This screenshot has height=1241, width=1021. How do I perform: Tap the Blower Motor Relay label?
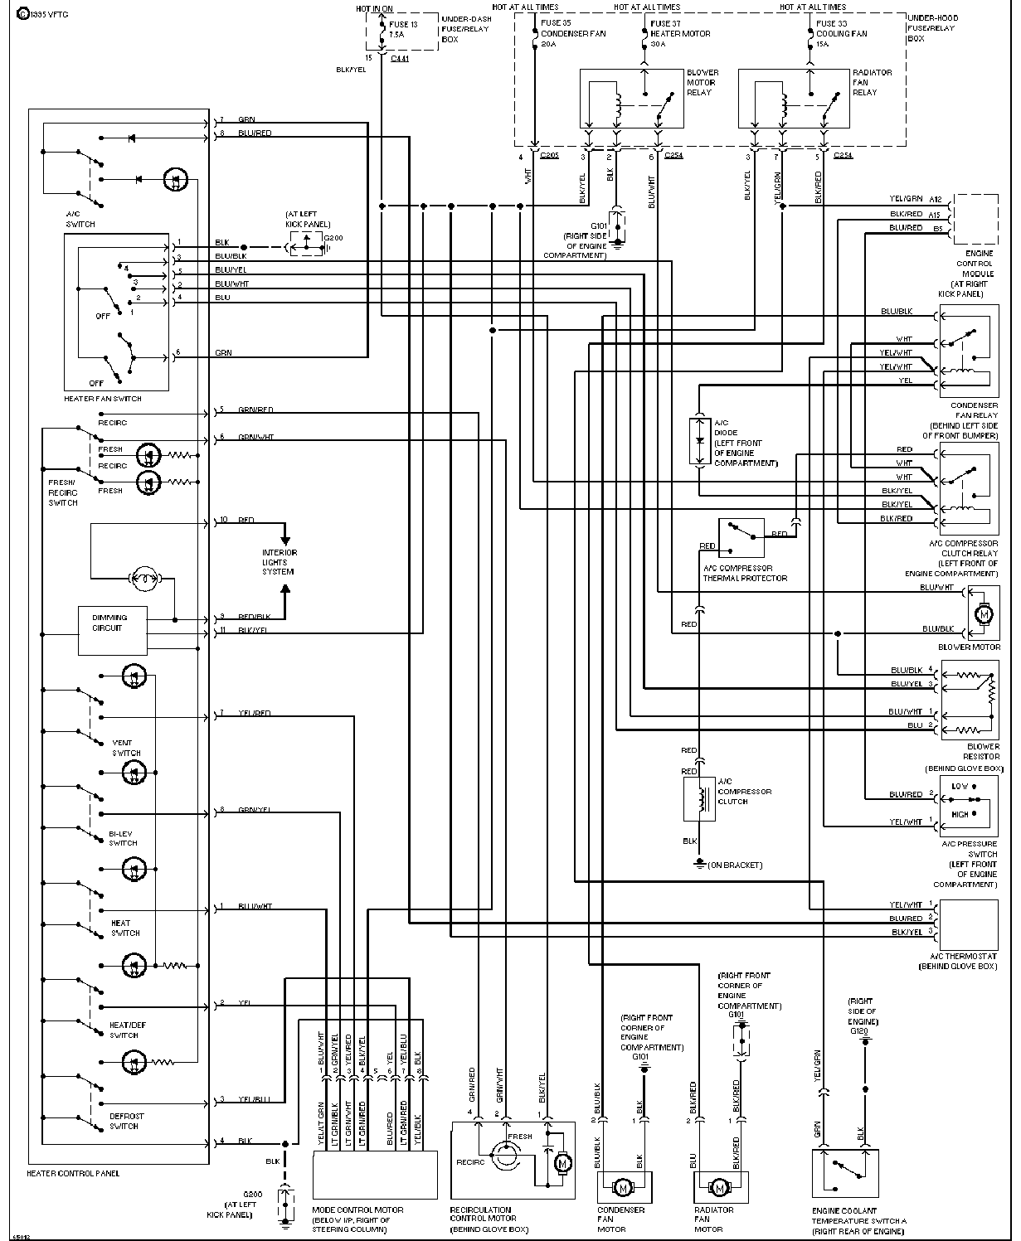coord(702,82)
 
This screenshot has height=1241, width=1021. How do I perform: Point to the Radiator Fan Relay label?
coord(872,82)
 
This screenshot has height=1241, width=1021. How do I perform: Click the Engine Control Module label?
coord(979,269)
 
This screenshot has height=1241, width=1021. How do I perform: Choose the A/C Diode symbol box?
coord(700,440)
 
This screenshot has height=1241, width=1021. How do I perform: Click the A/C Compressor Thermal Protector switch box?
coord(741,537)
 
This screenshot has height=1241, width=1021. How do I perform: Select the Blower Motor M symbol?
coord(984,614)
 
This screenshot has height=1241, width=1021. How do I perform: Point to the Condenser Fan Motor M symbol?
coord(622,1187)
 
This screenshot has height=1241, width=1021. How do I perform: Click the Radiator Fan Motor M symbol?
coord(719,1187)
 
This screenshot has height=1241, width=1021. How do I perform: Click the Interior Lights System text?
coord(280,562)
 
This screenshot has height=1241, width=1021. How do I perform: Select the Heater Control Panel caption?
coord(73,1173)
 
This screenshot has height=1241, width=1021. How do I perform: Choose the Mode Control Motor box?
coord(374,1175)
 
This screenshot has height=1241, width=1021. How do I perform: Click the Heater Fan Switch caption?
coord(103,399)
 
